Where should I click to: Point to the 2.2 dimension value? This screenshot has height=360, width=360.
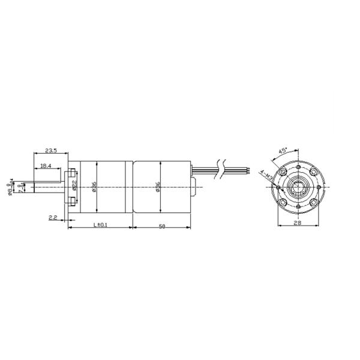click(x=53, y=217)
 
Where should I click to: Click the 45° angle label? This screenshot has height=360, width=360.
click(x=283, y=150)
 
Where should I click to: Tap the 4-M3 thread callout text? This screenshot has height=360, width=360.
click(x=266, y=176)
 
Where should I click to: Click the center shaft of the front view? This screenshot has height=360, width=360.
click(x=299, y=188)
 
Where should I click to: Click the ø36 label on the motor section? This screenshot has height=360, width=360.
click(x=157, y=187)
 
